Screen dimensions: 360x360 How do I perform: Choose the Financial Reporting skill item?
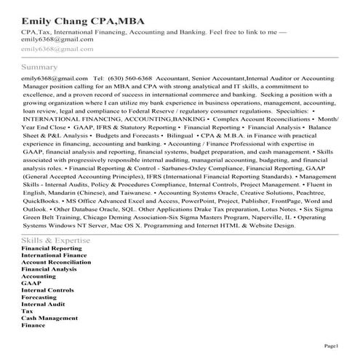(x=52, y=249)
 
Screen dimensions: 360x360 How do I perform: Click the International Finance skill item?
(x=55, y=256)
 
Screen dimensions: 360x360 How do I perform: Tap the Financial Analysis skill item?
(x=49, y=270)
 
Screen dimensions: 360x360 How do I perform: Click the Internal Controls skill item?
(x=47, y=290)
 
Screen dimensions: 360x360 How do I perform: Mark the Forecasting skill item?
(x=39, y=297)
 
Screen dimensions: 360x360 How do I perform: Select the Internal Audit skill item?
(x=43, y=304)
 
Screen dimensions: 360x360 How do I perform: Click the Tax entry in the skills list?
(x=27, y=311)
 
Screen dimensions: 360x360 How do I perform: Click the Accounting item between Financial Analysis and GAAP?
(x=39, y=276)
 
